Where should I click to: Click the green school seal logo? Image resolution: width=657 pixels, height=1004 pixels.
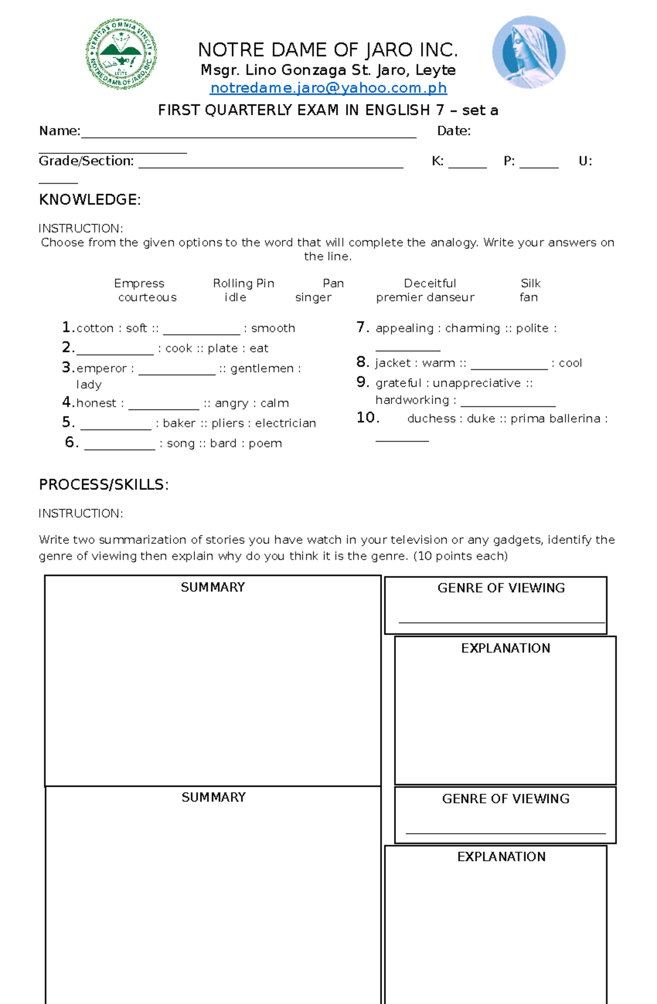coord(121,54)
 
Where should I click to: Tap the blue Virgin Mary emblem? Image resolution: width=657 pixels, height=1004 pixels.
coord(528,53)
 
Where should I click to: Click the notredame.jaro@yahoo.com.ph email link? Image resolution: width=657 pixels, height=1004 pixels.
coord(328,88)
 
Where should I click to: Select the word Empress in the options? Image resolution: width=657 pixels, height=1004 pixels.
coord(139,283)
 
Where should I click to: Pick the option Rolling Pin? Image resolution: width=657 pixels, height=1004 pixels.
coord(244,283)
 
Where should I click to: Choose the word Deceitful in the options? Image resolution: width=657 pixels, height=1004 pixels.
coord(430,283)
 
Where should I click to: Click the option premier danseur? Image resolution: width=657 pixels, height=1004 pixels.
coord(425,298)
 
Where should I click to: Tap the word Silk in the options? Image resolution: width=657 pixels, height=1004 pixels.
coord(531,283)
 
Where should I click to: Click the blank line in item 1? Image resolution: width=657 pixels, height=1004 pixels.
coord(201,332)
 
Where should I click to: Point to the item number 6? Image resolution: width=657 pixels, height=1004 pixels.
coord(71,442)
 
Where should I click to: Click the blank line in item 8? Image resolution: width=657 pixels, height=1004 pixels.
coord(509,367)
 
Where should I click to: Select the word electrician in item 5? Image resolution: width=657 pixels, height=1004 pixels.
coord(285,423)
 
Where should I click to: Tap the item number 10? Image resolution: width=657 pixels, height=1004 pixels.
coord(367,418)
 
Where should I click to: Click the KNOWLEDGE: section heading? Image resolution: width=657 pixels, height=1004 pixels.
coord(90,200)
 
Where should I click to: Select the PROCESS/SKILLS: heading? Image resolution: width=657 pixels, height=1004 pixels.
coord(103,485)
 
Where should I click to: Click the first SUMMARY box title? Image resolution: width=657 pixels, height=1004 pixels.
coord(212,587)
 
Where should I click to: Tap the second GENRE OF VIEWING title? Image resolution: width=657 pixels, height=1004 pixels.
coord(505,799)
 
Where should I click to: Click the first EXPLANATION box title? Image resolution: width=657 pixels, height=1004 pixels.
coord(505,648)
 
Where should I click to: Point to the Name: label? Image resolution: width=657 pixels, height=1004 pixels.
coord(59,131)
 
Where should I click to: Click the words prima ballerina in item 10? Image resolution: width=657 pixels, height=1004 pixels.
coord(555,419)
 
